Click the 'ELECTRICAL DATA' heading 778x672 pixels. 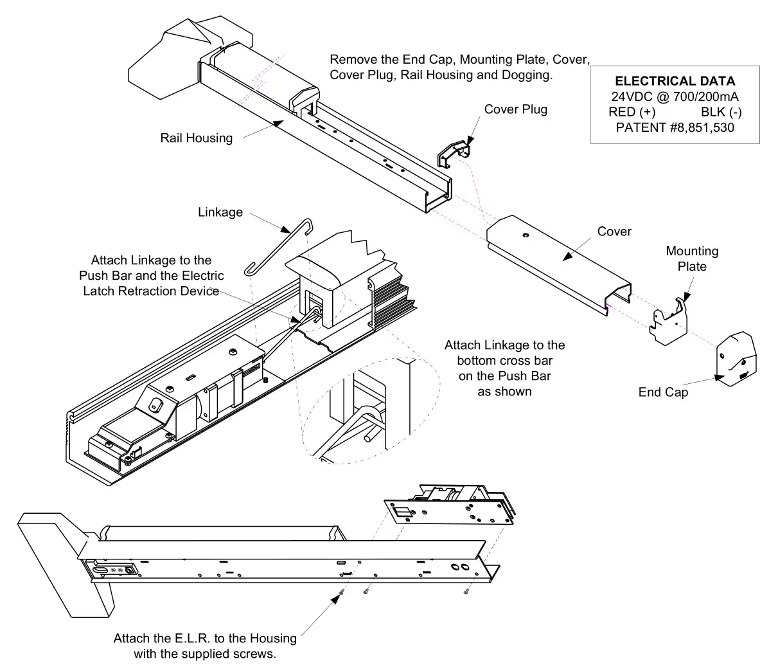(675, 82)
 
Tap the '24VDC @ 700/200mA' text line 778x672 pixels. (675, 96)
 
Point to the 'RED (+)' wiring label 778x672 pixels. (632, 112)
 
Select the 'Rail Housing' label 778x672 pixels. (197, 138)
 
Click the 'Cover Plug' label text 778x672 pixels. (515, 109)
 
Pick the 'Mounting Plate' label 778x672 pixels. (691, 259)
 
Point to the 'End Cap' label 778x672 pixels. (663, 392)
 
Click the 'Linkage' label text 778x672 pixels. (220, 212)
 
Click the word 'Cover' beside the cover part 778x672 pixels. (614, 232)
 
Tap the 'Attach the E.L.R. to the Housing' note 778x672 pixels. (205, 646)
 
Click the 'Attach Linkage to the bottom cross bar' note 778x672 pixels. (504, 368)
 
